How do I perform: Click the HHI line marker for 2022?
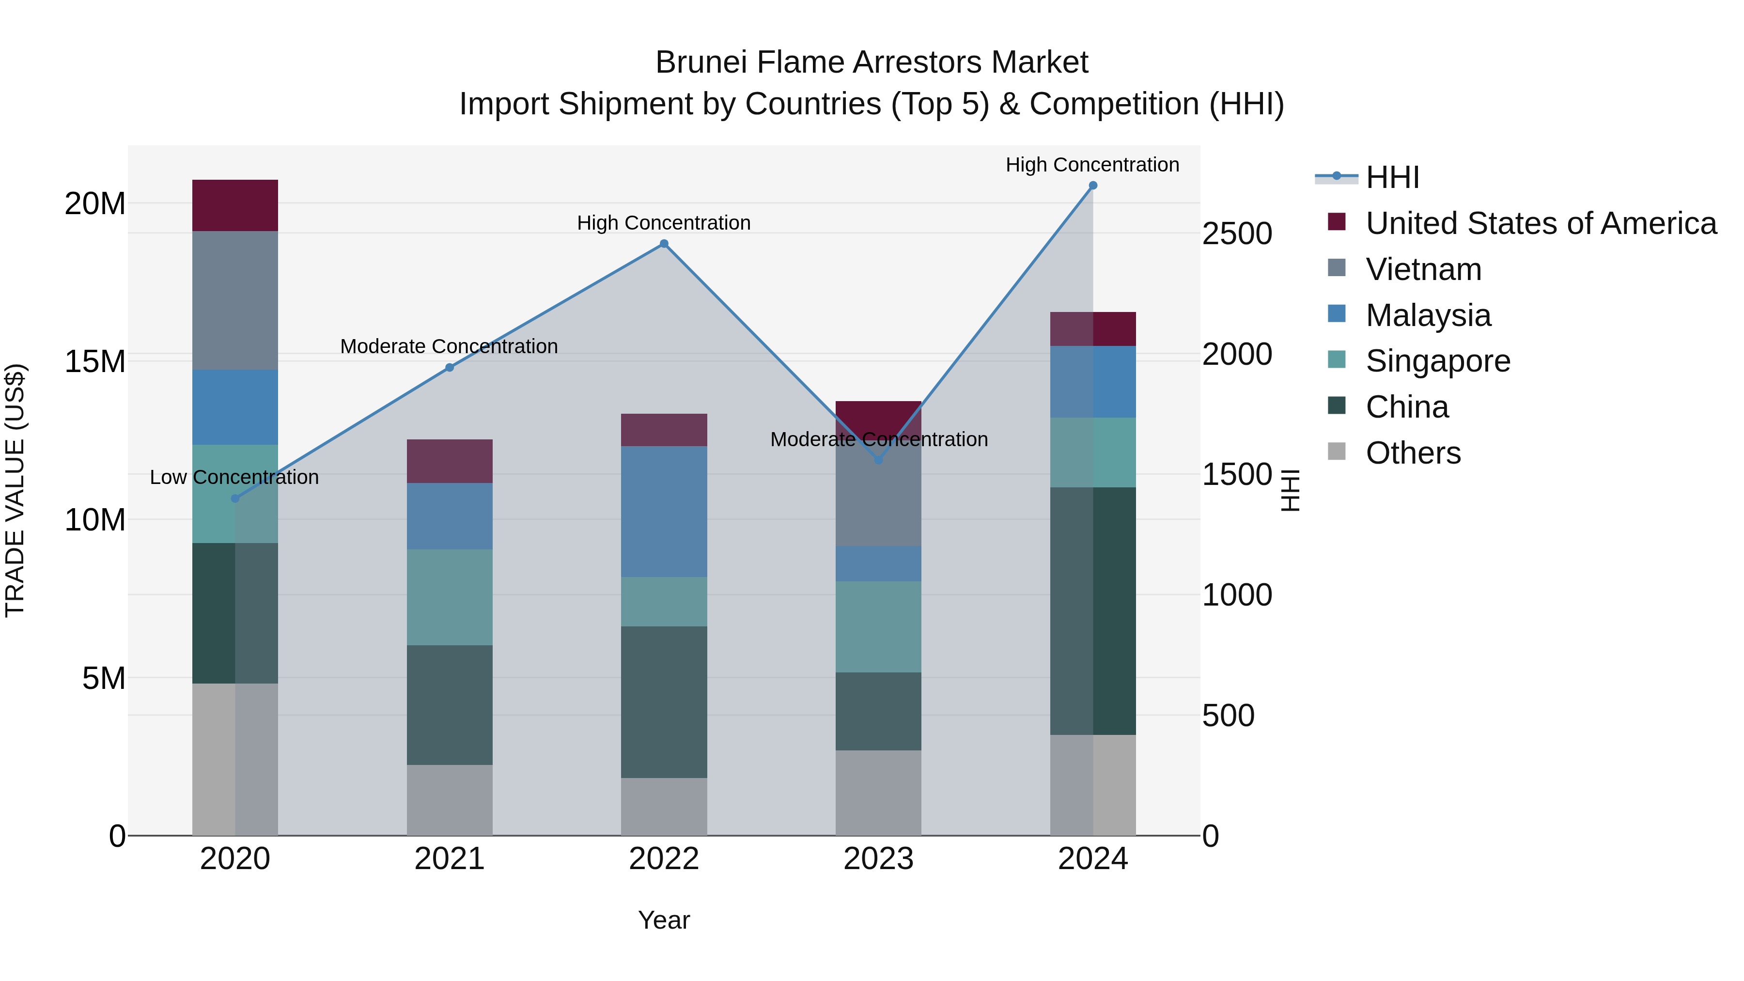664,244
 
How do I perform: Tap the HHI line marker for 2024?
1093,186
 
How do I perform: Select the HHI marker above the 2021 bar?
450,368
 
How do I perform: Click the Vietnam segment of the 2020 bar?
235,300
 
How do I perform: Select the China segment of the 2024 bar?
1093,611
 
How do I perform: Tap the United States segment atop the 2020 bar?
235,205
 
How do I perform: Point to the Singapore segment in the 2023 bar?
878,626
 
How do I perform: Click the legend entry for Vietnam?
1423,269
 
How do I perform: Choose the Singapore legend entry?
1437,361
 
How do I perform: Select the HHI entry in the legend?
1392,177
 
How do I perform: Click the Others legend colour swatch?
1337,452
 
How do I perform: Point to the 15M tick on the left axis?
95,361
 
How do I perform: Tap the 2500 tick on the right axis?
1237,234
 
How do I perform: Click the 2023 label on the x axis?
878,859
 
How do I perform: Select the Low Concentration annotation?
234,477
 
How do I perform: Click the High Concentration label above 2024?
1092,165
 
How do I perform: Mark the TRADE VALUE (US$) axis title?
16,490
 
